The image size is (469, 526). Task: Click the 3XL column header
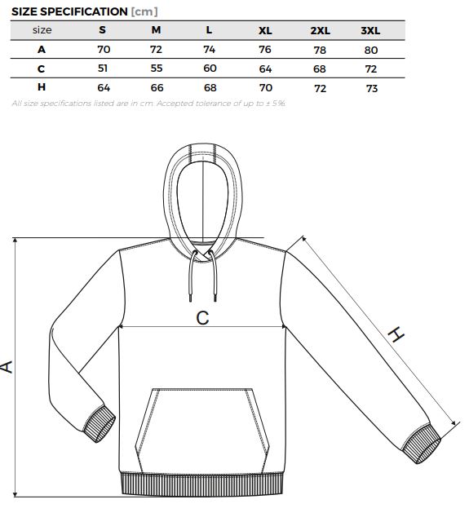(x=370, y=31)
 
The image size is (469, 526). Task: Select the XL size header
(x=265, y=31)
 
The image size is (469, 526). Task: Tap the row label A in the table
(x=42, y=50)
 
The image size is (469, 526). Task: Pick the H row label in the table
(x=42, y=87)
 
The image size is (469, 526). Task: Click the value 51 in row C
(x=103, y=69)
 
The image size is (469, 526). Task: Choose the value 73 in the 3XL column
(x=372, y=89)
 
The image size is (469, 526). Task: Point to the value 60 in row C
(x=210, y=69)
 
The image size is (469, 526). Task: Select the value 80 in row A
(x=371, y=51)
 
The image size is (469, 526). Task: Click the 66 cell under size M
(x=157, y=88)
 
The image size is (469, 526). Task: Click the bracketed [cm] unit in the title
(x=144, y=11)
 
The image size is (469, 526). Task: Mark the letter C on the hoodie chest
(x=202, y=318)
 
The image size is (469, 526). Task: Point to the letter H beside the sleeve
(x=396, y=334)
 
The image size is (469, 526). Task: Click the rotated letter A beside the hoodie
(x=7, y=367)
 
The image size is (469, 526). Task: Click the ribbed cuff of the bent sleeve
(x=100, y=425)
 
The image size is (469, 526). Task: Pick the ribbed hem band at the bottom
(x=202, y=484)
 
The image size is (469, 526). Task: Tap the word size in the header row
(x=42, y=30)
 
